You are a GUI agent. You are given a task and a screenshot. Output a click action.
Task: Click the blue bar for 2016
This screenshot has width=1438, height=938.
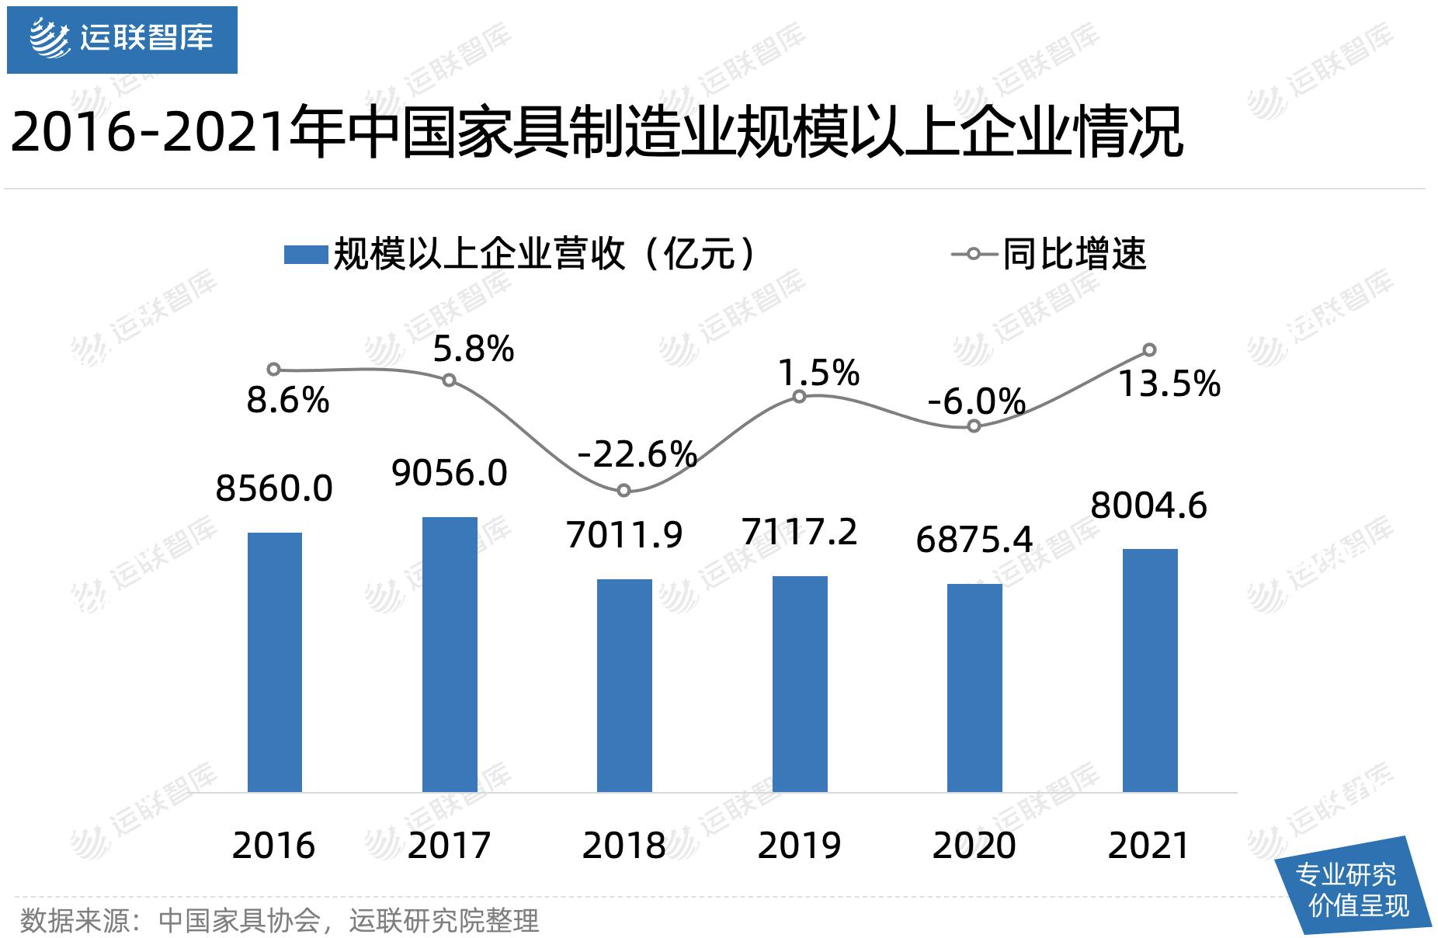tap(274, 662)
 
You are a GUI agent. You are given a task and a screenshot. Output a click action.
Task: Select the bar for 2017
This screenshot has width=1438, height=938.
tap(450, 654)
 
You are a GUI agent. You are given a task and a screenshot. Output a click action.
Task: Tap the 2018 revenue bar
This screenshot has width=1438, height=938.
tap(624, 685)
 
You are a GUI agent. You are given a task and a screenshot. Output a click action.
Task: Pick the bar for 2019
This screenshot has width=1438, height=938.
tap(800, 683)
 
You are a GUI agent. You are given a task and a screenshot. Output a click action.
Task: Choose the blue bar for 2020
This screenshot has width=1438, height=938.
tap(974, 687)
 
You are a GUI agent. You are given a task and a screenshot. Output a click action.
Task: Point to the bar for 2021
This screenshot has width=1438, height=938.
tap(1150, 670)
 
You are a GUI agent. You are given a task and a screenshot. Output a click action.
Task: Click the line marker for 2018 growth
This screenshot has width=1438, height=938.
tap(624, 490)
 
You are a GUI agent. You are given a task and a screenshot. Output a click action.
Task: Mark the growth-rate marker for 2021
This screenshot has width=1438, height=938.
tap(1150, 349)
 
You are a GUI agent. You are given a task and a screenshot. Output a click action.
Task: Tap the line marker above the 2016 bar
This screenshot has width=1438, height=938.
tap(273, 369)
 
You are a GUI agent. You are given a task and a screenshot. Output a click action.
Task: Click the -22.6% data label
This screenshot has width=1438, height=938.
tap(637, 454)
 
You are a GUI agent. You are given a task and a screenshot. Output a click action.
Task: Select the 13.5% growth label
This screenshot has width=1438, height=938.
tap(1169, 384)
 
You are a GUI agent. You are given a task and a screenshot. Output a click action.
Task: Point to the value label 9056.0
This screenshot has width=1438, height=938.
tap(450, 473)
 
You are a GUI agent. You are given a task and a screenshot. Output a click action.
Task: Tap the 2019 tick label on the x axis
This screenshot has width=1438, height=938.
tap(799, 846)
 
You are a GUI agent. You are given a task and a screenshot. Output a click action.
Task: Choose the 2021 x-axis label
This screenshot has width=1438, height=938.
tap(1149, 846)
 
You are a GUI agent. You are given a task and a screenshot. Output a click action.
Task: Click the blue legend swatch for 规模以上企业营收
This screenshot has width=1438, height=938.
tap(305, 255)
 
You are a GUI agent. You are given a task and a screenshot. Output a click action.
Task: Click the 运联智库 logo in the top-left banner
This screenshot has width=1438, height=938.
tap(122, 39)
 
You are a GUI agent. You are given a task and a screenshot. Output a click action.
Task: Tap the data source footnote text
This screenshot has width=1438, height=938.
tap(280, 921)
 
